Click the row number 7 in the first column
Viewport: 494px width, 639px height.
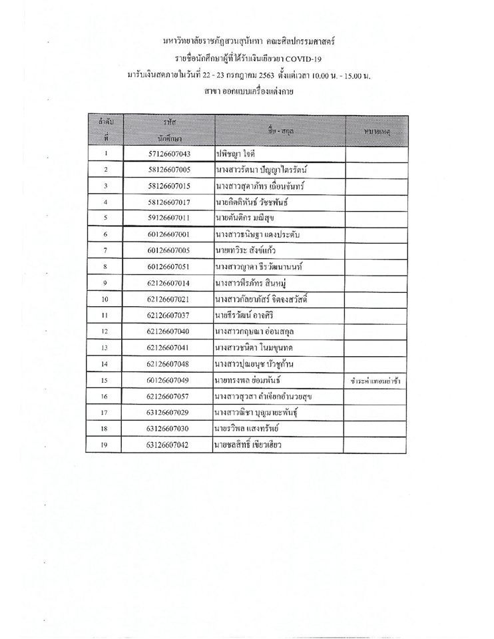pos(105,250)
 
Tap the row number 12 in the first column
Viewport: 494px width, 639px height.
pos(105,331)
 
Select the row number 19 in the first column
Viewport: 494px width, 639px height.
pos(105,444)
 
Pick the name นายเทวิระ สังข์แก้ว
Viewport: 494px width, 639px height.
pos(246,250)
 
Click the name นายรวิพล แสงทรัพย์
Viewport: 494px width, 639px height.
pos(250,428)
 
